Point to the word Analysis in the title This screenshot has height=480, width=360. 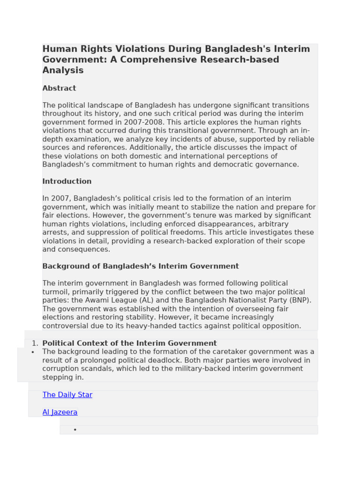[x=63, y=70]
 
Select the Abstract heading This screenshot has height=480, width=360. [x=59, y=88]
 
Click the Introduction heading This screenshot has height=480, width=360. [x=67, y=181]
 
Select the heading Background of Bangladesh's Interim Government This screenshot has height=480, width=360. [x=141, y=266]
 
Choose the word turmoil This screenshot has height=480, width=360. [x=55, y=292]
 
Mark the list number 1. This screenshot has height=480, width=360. [x=35, y=344]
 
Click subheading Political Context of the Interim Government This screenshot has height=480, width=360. [x=129, y=344]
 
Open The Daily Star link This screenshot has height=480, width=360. [x=67, y=395]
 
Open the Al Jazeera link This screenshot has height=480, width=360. [x=60, y=412]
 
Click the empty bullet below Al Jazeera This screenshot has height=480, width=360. [x=75, y=429]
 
